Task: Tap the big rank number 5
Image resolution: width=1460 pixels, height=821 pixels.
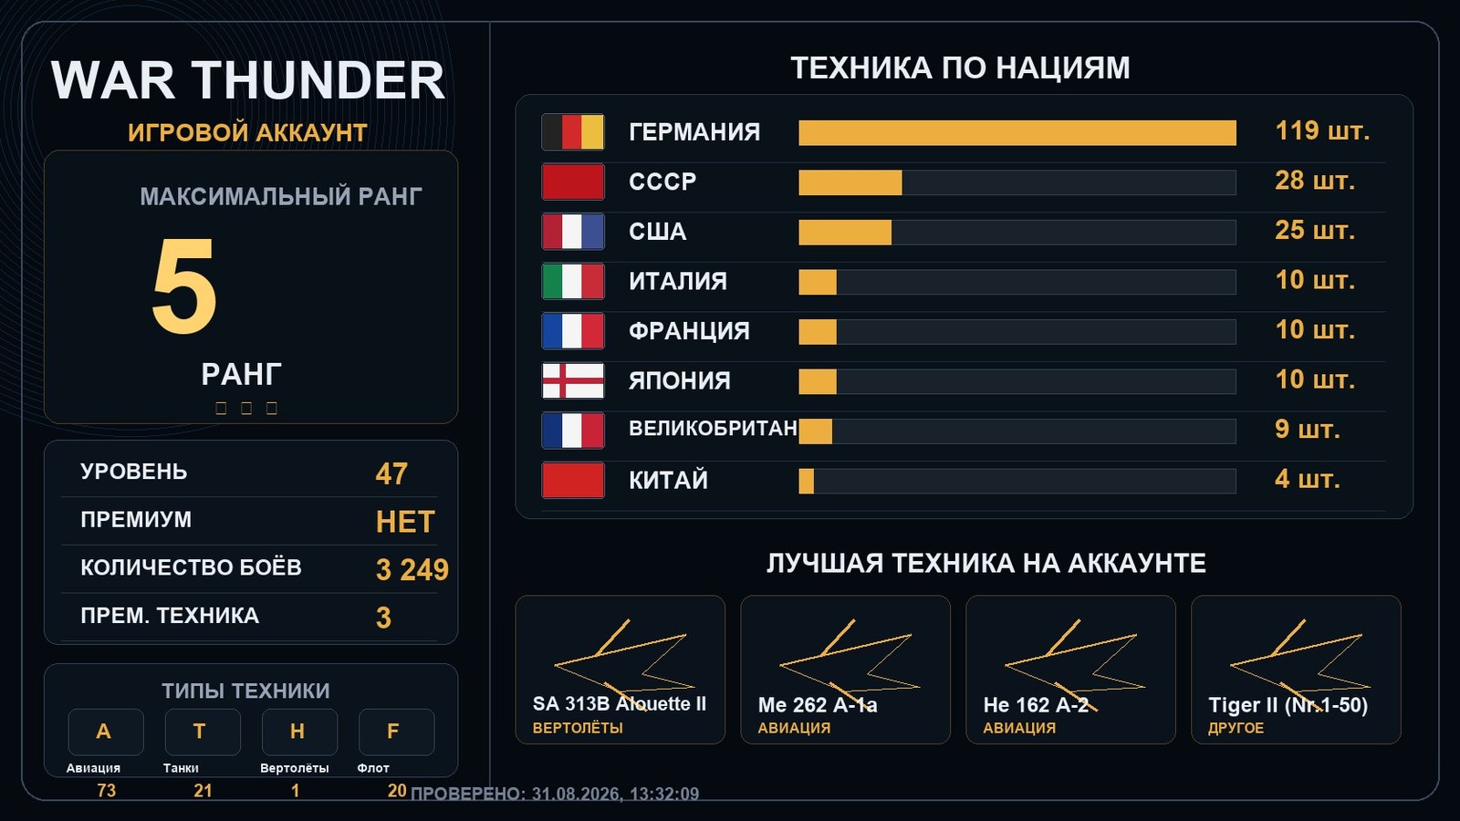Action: pos(183,286)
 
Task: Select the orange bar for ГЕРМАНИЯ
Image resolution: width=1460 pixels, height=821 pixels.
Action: pos(1017,132)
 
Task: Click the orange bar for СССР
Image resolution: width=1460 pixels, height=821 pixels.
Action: pos(850,182)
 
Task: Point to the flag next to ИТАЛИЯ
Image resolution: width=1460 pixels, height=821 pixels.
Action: pos(573,282)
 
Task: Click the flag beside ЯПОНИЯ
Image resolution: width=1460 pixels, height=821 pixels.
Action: pos(573,381)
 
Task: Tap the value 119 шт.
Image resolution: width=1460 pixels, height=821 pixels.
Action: pos(1322,131)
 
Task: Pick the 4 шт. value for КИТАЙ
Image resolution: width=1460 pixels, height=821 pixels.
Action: pos(1307,480)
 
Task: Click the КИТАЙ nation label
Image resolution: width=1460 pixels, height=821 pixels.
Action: pos(668,480)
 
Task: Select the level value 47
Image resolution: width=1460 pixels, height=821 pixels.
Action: pos(391,473)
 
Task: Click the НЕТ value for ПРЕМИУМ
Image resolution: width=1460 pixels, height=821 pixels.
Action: pos(405,522)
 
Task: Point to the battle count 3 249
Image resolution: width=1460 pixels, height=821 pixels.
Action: pos(412,570)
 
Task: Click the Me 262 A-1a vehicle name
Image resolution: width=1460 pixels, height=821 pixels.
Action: pos(818,705)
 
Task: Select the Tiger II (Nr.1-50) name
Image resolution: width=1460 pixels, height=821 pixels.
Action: pos(1288,705)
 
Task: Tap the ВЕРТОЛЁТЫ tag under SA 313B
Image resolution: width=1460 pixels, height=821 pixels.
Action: pos(578,728)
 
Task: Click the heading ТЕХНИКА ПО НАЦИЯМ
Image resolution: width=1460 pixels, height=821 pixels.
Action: pos(960,68)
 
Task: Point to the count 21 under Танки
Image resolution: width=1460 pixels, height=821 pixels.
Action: pos(203,790)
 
